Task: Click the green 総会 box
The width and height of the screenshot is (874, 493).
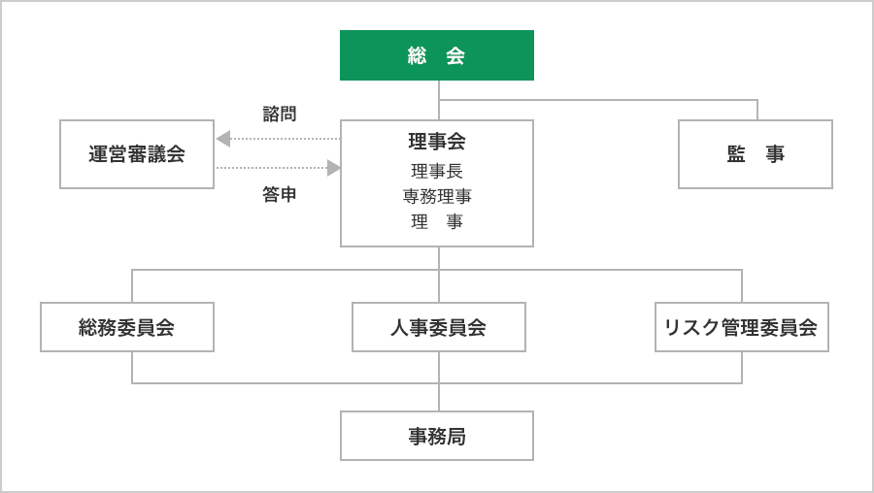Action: (436, 55)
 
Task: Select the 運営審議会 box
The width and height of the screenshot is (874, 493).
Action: (137, 154)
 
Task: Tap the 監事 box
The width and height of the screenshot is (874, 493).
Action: (755, 154)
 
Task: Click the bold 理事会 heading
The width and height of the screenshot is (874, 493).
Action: (437, 142)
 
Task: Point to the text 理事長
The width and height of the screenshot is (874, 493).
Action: (437, 171)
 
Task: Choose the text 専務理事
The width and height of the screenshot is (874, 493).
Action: (437, 196)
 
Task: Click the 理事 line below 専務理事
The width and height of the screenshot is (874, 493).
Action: (437, 221)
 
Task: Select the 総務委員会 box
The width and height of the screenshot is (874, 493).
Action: (127, 327)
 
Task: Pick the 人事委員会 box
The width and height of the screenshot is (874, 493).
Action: (438, 327)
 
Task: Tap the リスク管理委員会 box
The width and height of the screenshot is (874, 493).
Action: (741, 327)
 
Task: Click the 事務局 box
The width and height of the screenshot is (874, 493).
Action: (437, 436)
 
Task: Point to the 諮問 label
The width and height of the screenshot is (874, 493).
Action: (280, 115)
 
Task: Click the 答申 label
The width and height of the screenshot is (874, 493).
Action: (280, 194)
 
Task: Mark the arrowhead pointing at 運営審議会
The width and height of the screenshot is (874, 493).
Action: (223, 139)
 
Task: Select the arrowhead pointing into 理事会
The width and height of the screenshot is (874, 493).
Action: (333, 168)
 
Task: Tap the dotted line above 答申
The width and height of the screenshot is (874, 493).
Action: (272, 168)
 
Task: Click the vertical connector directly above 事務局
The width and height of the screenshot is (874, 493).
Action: (439, 397)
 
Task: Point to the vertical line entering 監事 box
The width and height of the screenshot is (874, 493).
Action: (757, 110)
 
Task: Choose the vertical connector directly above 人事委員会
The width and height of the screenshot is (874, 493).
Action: (439, 286)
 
